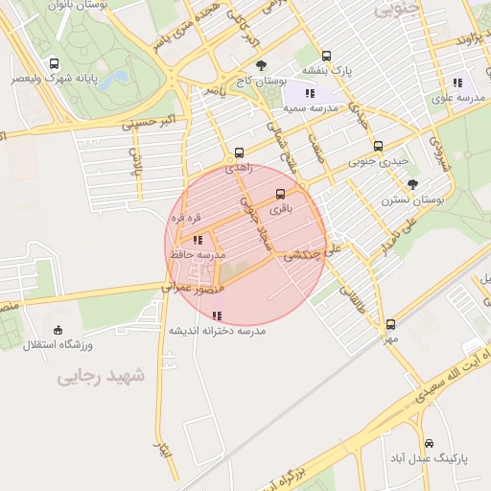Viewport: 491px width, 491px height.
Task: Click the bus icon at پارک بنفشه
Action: click(x=326, y=56)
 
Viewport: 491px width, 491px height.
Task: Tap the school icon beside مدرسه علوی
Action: click(x=457, y=82)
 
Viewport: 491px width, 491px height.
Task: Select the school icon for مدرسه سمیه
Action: click(x=310, y=93)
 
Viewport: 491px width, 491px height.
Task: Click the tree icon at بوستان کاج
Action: click(x=261, y=65)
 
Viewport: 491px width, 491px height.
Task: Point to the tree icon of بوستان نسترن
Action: click(x=413, y=184)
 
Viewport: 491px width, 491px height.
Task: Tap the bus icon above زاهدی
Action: click(x=238, y=152)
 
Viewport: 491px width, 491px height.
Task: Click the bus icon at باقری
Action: click(x=280, y=193)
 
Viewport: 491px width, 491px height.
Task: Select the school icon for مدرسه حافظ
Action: click(x=197, y=240)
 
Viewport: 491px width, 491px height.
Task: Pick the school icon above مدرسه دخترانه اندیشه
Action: click(x=217, y=315)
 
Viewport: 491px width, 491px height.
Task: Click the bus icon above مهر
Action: click(x=389, y=324)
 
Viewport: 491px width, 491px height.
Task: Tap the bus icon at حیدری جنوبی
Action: click(x=378, y=147)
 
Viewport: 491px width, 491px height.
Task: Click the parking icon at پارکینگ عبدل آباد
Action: click(x=428, y=443)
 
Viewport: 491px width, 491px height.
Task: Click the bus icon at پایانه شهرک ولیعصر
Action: click(x=45, y=64)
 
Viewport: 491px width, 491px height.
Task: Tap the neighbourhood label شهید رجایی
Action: click(x=100, y=376)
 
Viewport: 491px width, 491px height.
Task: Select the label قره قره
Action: click(x=185, y=218)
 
